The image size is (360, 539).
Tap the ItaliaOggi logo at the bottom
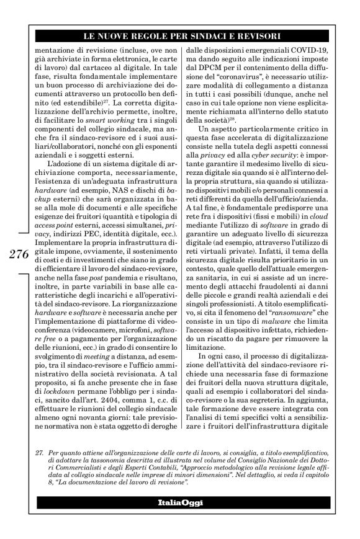[x=179, y=501]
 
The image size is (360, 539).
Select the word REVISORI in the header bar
[x=278, y=37]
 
